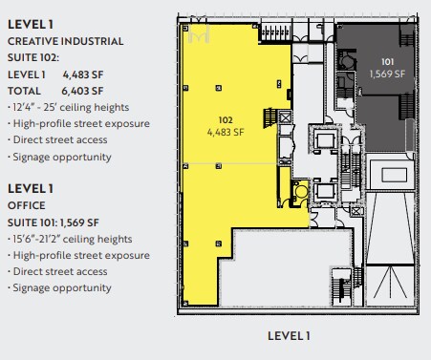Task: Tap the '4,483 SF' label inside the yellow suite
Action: coord(226,132)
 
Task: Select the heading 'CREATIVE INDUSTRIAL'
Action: coord(66,41)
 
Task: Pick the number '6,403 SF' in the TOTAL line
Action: coord(83,92)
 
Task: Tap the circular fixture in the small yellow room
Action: coord(301,190)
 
